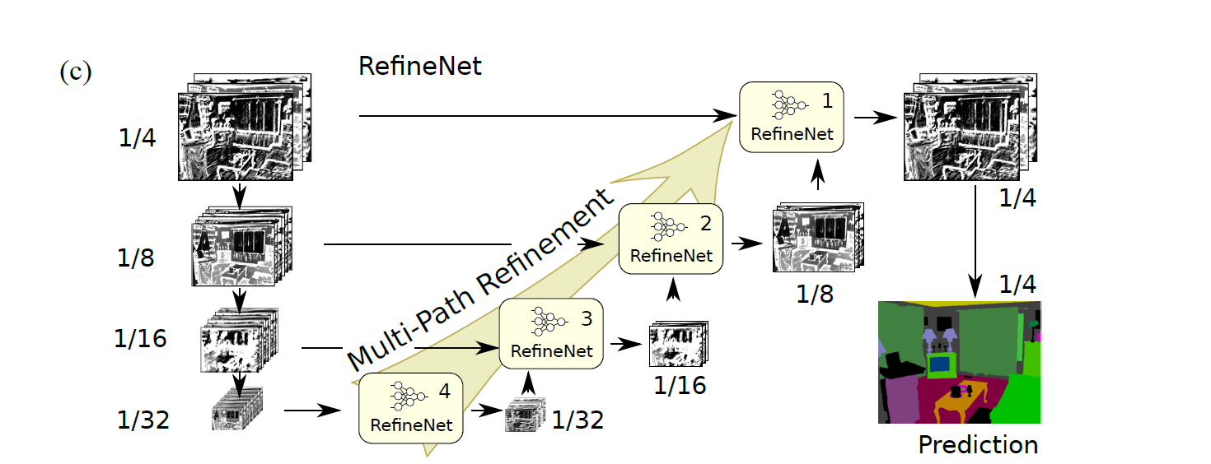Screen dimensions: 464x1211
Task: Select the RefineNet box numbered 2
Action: pyautogui.click(x=671, y=239)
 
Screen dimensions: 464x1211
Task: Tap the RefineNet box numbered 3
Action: pyautogui.click(x=551, y=332)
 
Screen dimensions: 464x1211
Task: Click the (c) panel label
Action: pyautogui.click(x=74, y=72)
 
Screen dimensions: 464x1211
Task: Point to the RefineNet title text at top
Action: pyautogui.click(x=419, y=67)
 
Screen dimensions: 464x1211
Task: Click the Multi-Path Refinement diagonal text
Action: pyautogui.click(x=482, y=281)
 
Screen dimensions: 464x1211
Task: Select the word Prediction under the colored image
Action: pyautogui.click(x=978, y=445)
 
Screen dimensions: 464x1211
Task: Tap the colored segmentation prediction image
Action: pyautogui.click(x=960, y=362)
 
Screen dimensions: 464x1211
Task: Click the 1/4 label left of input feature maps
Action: pyautogui.click(x=137, y=137)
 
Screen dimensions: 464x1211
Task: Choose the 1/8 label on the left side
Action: pyautogui.click(x=137, y=258)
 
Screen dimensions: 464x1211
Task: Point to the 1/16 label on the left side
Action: pyautogui.click(x=140, y=338)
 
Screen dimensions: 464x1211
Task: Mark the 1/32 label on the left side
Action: pyautogui.click(x=143, y=420)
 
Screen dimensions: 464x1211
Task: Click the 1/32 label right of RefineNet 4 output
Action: pyautogui.click(x=577, y=420)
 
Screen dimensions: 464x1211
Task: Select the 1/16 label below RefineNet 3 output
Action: pyautogui.click(x=680, y=385)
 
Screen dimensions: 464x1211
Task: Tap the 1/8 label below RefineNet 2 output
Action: pyautogui.click(x=815, y=295)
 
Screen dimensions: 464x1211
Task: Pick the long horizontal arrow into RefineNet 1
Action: pyautogui.click(x=544, y=116)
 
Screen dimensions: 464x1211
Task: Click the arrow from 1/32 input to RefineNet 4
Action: pyautogui.click(x=313, y=410)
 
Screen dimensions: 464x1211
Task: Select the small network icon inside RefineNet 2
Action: pyautogui.click(x=666, y=225)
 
